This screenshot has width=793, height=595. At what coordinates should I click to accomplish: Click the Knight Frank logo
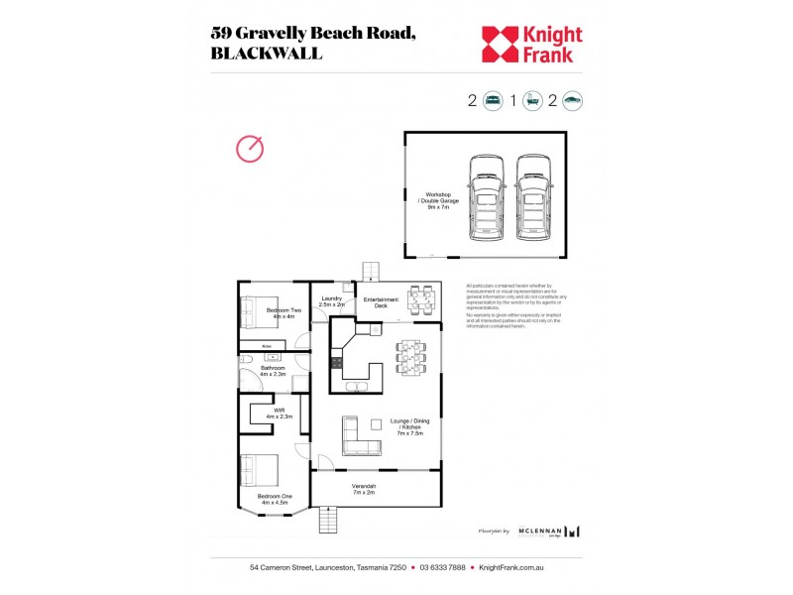[531, 44]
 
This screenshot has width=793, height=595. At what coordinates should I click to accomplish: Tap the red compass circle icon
[250, 149]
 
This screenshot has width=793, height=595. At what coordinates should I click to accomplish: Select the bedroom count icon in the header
[493, 100]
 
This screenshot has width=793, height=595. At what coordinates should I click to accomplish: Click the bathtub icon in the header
[532, 100]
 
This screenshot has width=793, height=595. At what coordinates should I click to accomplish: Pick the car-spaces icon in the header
[572, 100]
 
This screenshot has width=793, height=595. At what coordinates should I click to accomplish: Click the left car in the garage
[486, 198]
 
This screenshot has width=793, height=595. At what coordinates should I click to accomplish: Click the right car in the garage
[532, 198]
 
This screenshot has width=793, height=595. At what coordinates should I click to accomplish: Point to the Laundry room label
[332, 301]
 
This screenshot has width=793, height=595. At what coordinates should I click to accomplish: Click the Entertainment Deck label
[381, 302]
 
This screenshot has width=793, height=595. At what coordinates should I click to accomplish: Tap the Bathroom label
[273, 371]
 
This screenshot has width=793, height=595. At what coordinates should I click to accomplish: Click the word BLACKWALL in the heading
[267, 55]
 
